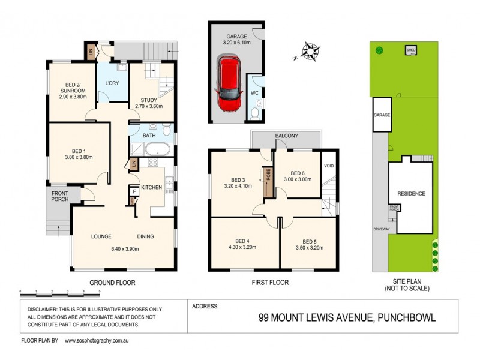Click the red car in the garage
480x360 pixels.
229,84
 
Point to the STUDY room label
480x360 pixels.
149,100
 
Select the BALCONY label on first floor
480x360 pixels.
287,136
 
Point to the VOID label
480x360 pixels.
329,166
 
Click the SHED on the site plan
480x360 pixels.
411,50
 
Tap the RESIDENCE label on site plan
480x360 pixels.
411,194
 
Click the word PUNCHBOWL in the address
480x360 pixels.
406,318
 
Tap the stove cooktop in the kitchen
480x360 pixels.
152,162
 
